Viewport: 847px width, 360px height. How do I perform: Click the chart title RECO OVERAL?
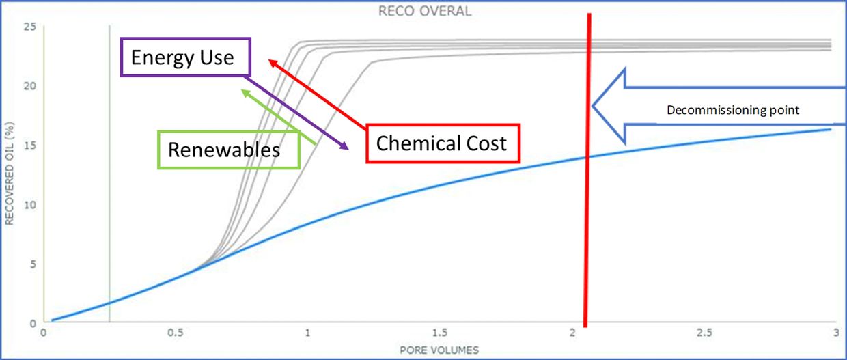425,12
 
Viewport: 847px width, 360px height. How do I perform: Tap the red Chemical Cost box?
443,143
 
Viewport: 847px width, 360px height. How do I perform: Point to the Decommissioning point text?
732,109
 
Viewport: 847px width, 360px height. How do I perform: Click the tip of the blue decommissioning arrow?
593,106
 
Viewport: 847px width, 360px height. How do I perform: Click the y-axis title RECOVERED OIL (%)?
10,174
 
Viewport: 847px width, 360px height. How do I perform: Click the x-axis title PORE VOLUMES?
439,349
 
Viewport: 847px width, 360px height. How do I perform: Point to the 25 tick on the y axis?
29,26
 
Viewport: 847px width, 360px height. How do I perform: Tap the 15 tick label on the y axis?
29,145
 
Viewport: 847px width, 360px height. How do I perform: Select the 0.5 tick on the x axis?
176,333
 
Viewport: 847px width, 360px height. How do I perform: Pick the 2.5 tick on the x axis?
704,333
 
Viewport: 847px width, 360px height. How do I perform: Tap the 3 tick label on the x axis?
835,333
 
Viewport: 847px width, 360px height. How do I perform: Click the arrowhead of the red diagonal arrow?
269,61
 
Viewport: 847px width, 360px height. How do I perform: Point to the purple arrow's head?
348,148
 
